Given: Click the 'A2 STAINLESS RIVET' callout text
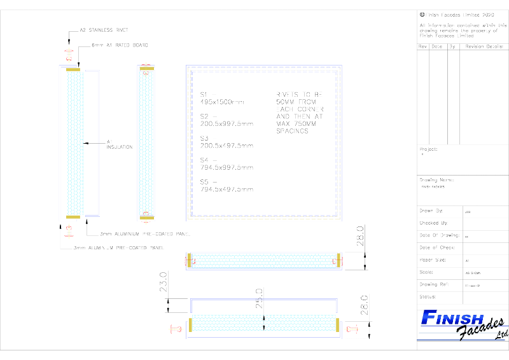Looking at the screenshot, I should point(104,29).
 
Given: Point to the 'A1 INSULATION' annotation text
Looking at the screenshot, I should point(119,144).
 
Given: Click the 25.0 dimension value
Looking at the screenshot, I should point(259,297).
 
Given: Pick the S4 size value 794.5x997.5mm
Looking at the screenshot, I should point(227,168).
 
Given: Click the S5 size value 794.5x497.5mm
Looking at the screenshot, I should point(227,190).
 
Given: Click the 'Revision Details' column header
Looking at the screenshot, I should point(484,47).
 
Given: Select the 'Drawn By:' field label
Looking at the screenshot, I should point(431,211).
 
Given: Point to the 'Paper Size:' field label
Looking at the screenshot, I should point(433,260).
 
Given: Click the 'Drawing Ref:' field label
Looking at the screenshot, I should point(434,284).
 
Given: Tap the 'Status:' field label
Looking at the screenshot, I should point(428,296).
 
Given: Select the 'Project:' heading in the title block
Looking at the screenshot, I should point(429,149).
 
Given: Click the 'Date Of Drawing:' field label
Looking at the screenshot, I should point(438,235).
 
